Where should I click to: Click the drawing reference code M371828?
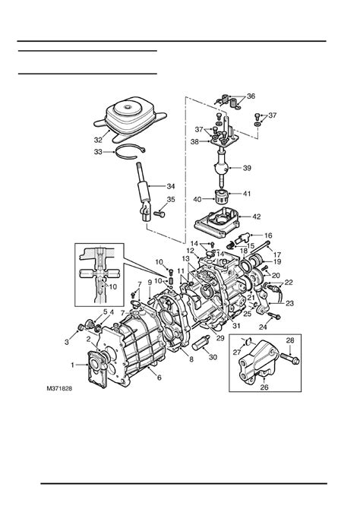(59, 388)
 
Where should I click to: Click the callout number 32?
(98, 140)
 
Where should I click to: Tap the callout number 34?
(171, 186)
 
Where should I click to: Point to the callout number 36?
(251, 96)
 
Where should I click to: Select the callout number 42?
(257, 217)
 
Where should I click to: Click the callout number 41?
(247, 194)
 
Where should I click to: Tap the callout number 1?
(73, 365)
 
